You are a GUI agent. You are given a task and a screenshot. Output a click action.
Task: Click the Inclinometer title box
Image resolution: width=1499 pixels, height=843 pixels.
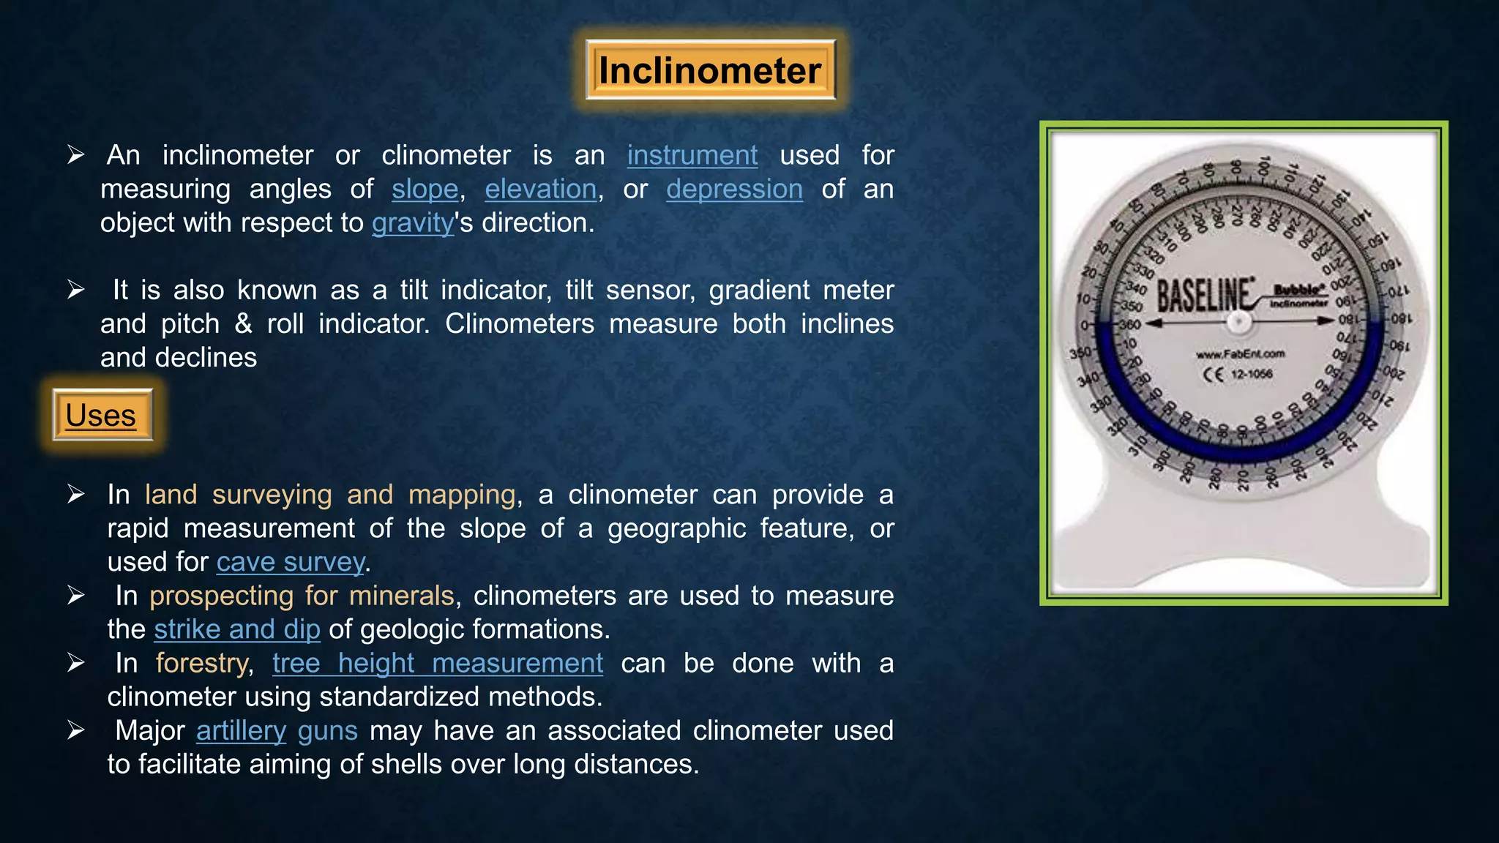coord(710,71)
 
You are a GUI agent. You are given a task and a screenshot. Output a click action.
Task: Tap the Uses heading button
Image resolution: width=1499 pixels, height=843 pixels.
coord(102,415)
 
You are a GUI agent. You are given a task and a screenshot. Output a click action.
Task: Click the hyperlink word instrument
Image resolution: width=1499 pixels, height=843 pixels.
coord(692,155)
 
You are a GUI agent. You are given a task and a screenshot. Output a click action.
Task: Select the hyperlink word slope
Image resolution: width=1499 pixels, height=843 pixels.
coord(425,189)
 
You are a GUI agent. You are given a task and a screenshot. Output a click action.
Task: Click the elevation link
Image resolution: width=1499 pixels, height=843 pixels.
coord(540,189)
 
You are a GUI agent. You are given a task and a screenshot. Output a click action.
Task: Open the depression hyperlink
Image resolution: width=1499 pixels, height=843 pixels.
coord(734,189)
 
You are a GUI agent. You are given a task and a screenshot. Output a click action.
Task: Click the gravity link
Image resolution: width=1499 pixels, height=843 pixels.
coord(413,222)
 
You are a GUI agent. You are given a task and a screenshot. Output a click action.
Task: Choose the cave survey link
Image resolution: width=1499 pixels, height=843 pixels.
coord(290,562)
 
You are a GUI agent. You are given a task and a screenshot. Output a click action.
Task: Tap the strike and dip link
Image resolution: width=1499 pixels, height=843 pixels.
coord(237,629)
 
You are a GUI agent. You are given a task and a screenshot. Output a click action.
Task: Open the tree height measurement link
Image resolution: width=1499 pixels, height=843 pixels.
coord(438,663)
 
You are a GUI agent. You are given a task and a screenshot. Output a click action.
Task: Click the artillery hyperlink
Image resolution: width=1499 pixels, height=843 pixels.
coord(241,730)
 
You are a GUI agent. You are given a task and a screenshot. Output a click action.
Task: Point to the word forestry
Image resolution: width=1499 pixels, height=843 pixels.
coord(202,663)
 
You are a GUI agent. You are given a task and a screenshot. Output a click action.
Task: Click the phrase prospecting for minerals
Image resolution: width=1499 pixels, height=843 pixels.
coord(302,596)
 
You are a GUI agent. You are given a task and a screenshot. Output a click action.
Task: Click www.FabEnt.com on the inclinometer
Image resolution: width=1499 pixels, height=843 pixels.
coord(1240,354)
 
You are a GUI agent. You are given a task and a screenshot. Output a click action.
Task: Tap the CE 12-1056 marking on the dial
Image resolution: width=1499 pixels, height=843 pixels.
coord(1238,375)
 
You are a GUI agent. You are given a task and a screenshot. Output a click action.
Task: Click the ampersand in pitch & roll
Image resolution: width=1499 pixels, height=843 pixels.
coord(243,323)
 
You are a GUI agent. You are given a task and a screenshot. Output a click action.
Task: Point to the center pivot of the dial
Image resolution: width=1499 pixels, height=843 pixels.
coord(1238,321)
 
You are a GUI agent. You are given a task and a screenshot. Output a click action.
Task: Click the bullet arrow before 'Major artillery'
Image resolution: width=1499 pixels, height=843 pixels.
coord(76,730)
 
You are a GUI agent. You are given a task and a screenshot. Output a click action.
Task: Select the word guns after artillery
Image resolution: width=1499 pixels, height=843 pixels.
coord(327,730)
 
